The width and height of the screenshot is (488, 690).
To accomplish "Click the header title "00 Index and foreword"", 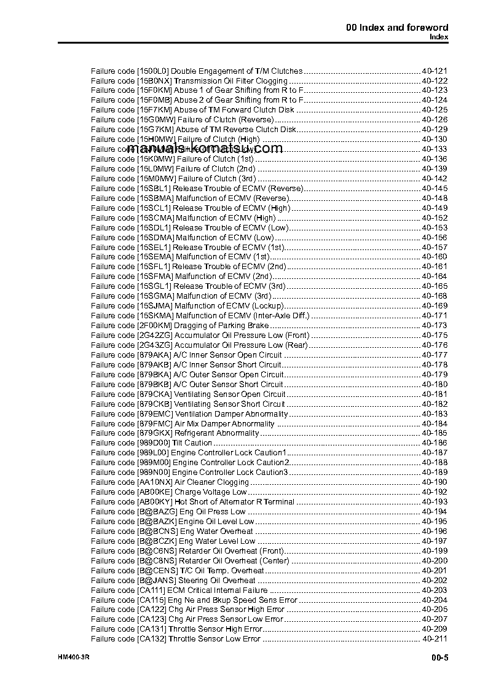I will pos(397,27).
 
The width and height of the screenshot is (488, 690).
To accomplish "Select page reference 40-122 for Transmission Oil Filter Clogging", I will pos(435,80).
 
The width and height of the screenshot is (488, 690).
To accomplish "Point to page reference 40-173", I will pos(435,325).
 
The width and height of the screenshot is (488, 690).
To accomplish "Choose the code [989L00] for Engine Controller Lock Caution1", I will pos(153,452).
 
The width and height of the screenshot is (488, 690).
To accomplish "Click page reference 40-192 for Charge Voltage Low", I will pos(435,492).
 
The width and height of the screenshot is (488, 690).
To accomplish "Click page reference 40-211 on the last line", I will pos(435,639).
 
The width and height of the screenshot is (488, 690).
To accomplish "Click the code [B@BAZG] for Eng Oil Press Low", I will pos(156,511).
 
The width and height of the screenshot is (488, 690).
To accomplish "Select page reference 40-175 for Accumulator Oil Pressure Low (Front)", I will pos(435,335).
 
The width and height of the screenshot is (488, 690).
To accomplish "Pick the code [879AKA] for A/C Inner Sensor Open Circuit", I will pos(154,355).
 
